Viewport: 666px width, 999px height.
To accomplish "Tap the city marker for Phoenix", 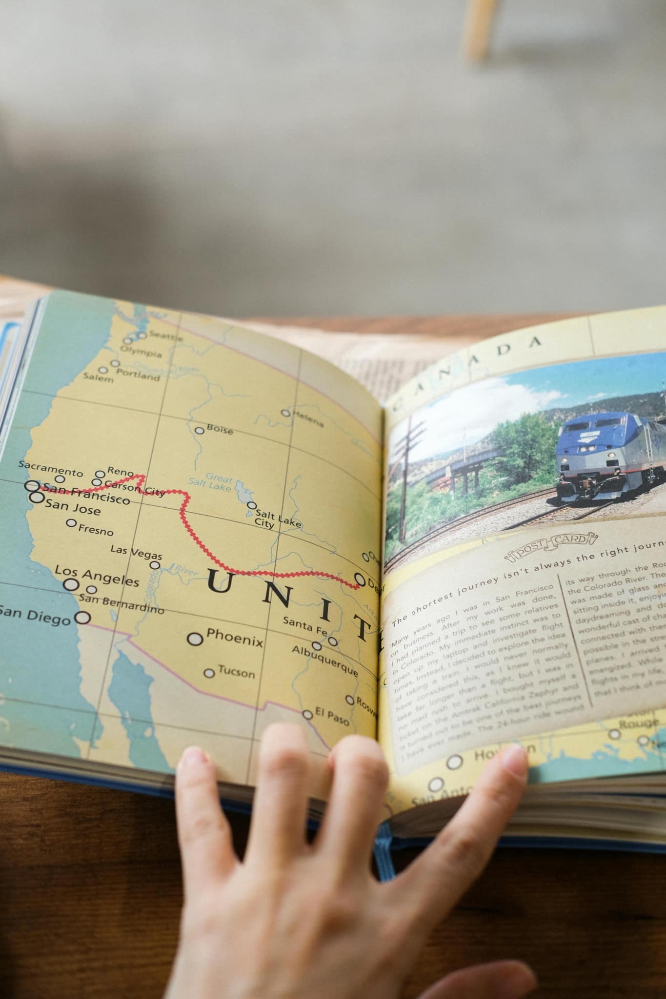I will [x=195, y=639].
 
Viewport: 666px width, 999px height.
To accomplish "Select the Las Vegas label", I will [x=136, y=552].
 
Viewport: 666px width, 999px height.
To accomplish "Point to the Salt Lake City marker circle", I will [x=251, y=505].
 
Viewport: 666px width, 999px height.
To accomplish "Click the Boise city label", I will [x=220, y=430].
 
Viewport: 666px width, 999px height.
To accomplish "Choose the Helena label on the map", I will [x=307, y=419].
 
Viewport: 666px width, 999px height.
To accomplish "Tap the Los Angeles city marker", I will [x=72, y=585].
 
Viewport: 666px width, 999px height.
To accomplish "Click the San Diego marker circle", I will [x=83, y=618].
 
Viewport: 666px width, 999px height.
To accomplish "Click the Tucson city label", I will [x=236, y=672].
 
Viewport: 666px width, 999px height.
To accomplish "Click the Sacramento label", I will [x=51, y=468].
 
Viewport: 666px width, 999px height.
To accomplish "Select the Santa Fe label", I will [x=305, y=625].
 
